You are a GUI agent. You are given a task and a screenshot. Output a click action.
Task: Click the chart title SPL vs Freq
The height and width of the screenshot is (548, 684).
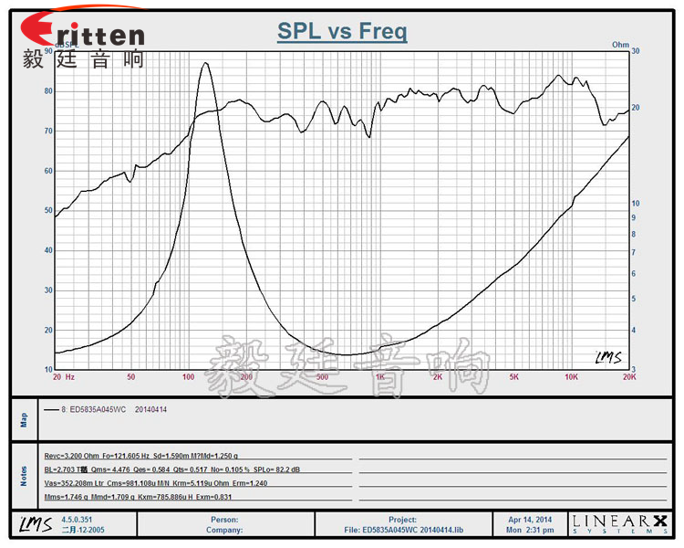[342, 32]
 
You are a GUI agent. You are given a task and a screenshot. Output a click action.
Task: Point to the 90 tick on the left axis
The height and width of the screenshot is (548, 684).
[48, 52]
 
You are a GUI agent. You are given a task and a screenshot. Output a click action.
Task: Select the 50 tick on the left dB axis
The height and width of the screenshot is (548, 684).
[48, 210]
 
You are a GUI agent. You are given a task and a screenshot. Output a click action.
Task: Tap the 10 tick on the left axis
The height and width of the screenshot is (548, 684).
[48, 369]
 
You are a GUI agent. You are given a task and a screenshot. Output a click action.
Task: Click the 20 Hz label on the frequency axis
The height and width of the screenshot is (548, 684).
[64, 376]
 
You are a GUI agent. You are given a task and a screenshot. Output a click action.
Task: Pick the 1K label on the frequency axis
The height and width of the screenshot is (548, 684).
[379, 376]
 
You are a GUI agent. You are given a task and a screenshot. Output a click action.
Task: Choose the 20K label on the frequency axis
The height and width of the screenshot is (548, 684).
[627, 376]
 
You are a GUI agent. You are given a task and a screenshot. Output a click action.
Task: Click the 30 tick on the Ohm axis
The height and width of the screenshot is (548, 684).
[637, 52]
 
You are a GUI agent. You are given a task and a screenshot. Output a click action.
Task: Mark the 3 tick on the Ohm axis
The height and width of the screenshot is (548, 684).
[635, 369]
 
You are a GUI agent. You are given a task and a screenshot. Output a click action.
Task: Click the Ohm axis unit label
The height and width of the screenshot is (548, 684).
[620, 44]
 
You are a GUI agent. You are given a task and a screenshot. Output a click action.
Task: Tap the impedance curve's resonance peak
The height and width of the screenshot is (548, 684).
[205, 63]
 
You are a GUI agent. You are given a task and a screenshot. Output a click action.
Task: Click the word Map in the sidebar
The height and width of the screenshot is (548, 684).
[25, 419]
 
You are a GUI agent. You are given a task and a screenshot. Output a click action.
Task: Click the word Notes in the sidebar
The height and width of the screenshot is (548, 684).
[25, 475]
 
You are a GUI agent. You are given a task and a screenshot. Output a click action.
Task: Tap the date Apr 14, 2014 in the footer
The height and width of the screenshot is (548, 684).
[530, 519]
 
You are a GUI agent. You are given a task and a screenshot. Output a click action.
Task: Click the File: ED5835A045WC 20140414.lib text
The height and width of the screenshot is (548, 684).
[402, 529]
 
